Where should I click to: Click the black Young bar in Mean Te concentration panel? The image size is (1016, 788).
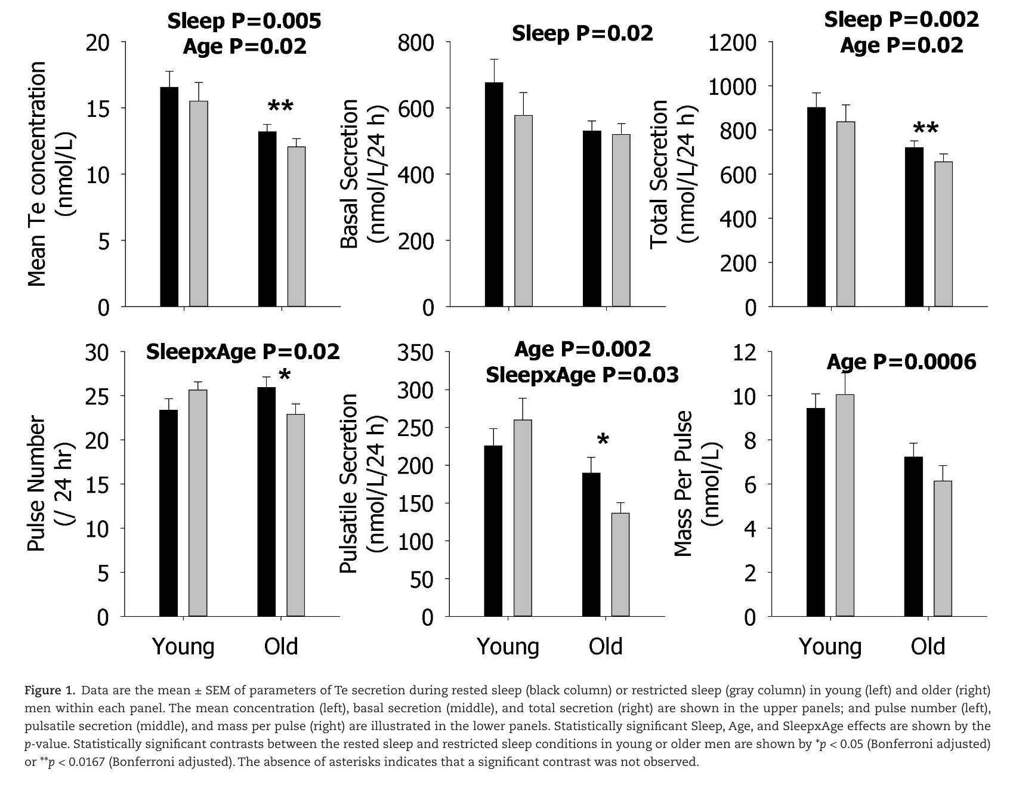pyautogui.click(x=169, y=197)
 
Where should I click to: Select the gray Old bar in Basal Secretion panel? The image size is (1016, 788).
pyautogui.click(x=621, y=220)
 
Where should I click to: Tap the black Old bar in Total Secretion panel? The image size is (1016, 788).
pyautogui.click(x=914, y=227)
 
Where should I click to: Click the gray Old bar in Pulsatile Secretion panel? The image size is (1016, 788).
pyautogui.click(x=620, y=564)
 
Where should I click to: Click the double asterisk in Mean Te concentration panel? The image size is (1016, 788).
pyautogui.click(x=280, y=107)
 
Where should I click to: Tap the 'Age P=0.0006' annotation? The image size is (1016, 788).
pyautogui.click(x=901, y=362)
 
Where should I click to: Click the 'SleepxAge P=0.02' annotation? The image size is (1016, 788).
pyautogui.click(x=243, y=352)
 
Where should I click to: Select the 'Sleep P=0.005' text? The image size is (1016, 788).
pyautogui.click(x=244, y=21)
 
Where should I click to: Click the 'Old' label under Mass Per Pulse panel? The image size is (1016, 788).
pyautogui.click(x=928, y=647)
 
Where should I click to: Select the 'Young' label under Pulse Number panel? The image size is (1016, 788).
pyautogui.click(x=183, y=647)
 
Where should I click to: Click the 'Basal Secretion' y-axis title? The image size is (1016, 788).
pyautogui.click(x=349, y=173)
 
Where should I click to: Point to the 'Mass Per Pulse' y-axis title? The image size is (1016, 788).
pyautogui.click(x=684, y=483)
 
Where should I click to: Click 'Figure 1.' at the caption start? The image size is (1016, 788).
pyautogui.click(x=50, y=691)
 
